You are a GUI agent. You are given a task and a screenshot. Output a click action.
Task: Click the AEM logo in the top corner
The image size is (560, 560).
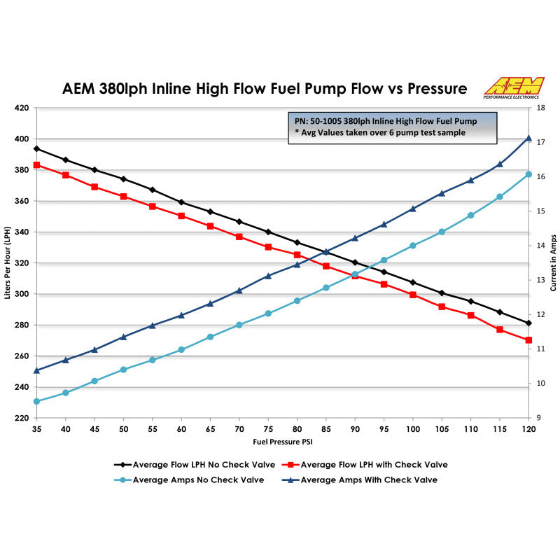coord(514,87)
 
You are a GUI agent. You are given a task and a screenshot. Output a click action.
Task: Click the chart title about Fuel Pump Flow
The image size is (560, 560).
coord(265,89)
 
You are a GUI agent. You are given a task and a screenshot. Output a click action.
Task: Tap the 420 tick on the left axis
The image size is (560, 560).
coord(21,108)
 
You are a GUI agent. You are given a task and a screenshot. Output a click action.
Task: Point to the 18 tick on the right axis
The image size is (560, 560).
coord(540,108)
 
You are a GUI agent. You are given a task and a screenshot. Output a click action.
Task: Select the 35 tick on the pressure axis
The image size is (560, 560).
coord(36,428)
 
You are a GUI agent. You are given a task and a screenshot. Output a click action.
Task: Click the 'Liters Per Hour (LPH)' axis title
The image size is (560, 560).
coord(8,262)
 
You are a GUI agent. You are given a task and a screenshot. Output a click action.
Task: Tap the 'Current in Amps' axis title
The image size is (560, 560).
coord(553,262)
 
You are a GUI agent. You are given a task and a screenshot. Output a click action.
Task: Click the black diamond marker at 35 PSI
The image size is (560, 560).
coord(36,148)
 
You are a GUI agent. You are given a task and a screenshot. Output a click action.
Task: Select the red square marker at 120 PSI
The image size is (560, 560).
coord(528,340)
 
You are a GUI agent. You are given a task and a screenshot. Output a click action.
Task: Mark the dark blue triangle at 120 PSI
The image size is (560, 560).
coord(528,139)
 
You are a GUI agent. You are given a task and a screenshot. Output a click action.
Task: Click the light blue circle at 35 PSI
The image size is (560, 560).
coord(36,402)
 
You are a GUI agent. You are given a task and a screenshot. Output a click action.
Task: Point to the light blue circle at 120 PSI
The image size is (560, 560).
coord(528,174)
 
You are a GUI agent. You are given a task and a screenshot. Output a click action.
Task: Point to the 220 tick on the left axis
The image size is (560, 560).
coord(21,418)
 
